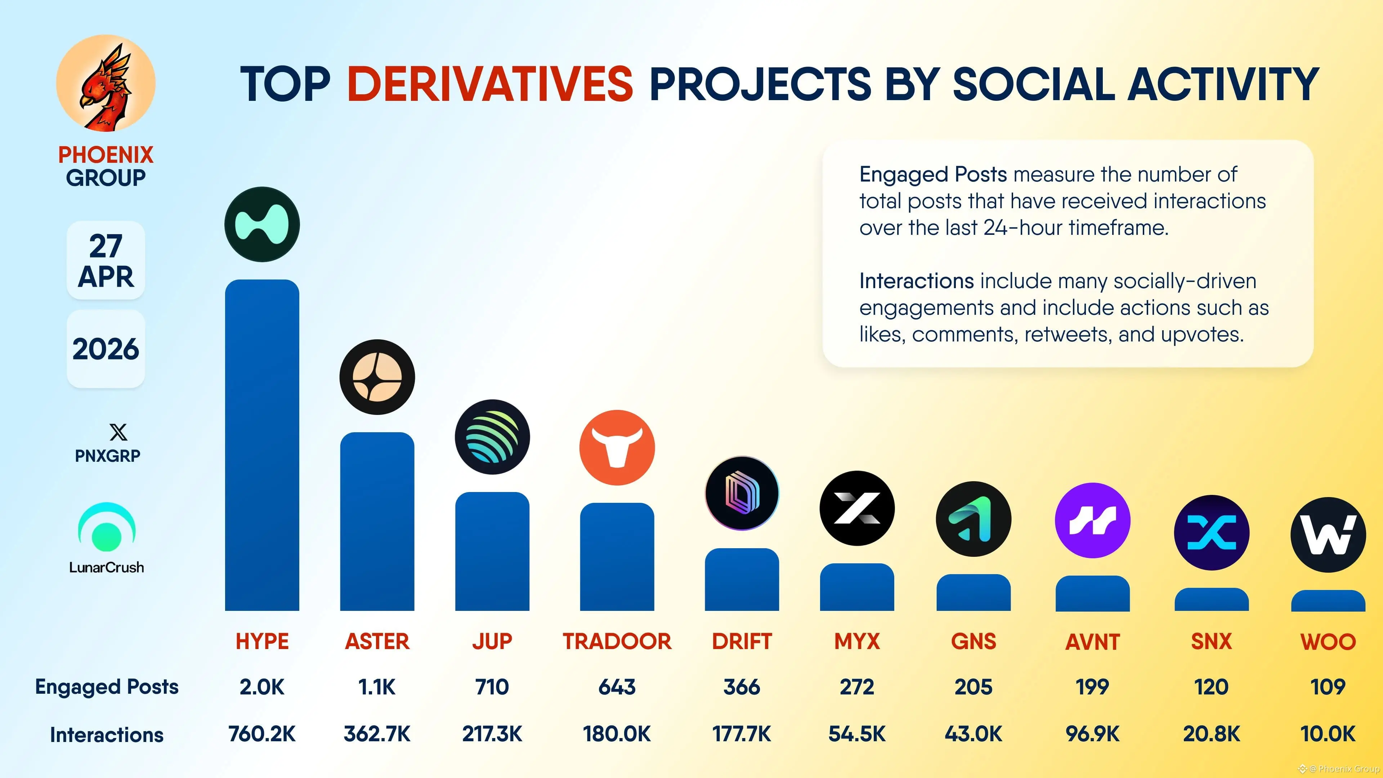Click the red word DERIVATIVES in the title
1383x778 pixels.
pos(490,84)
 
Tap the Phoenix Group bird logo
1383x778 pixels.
pos(106,83)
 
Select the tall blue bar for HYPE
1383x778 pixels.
pos(262,446)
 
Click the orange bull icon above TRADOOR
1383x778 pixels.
pos(617,448)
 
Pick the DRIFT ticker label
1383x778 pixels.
pos(742,641)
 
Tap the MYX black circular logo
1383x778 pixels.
pos(857,508)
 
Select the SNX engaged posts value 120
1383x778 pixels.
pos(1211,687)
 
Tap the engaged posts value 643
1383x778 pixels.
pos(617,687)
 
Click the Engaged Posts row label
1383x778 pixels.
pos(107,687)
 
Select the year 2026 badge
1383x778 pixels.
pos(106,349)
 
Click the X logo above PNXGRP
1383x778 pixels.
pos(118,432)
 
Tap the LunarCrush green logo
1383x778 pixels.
pos(107,527)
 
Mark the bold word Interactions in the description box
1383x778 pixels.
pos(917,281)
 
